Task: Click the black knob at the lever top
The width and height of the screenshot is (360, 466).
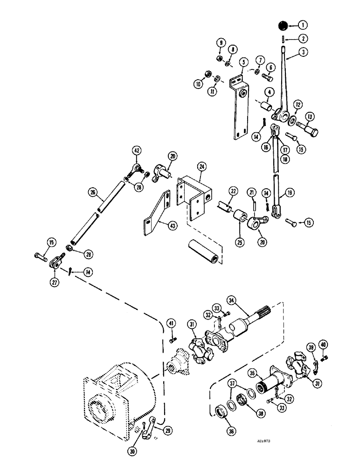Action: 283,25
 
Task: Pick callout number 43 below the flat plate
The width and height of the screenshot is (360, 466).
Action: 160,224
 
